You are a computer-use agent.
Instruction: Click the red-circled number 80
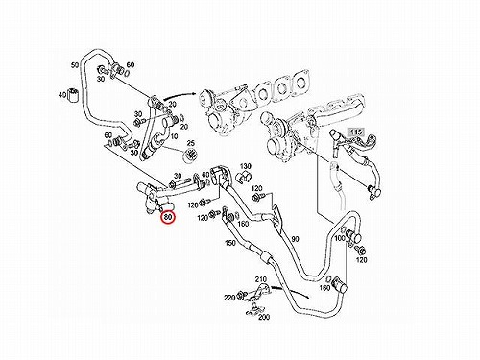(168, 218)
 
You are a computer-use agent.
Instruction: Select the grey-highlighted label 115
(355, 132)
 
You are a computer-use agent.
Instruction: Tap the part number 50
(75, 65)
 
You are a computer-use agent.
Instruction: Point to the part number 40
(61, 95)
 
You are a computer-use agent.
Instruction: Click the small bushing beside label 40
(74, 94)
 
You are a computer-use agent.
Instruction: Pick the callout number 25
(191, 143)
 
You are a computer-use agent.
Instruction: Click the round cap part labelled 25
(189, 156)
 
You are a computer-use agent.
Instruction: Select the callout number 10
(174, 136)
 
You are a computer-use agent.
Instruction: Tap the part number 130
(246, 166)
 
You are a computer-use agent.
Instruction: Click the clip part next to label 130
(244, 177)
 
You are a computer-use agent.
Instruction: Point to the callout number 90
(295, 239)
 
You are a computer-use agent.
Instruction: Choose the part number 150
(229, 243)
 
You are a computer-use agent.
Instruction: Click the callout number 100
(340, 238)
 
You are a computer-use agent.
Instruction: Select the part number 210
(261, 279)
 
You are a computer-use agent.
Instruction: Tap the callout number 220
(229, 298)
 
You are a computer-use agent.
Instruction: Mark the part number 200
(264, 317)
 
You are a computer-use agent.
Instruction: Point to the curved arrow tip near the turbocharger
(195, 93)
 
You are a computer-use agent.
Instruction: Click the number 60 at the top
(131, 65)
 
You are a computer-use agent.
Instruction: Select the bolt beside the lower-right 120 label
(362, 250)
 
